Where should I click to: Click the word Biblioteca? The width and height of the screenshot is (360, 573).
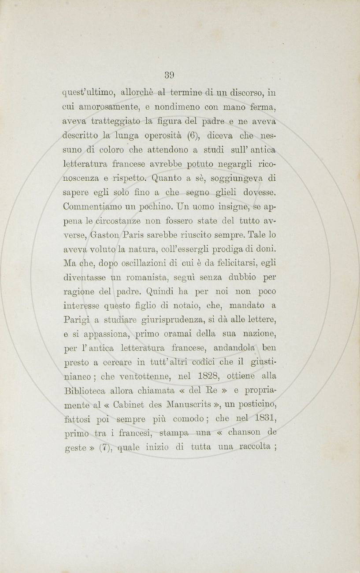point(86,390)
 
